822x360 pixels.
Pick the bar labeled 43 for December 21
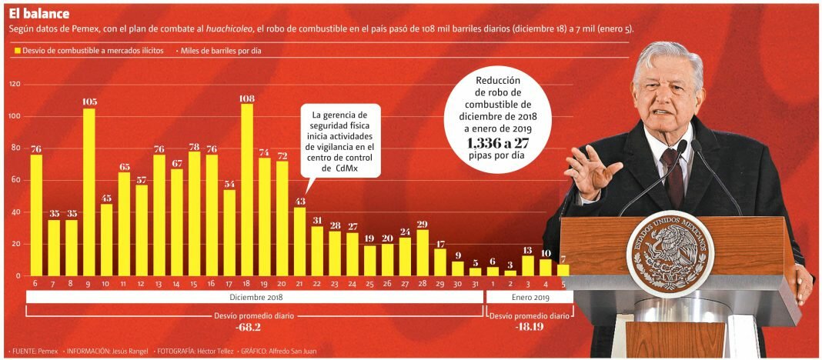[x=299, y=242]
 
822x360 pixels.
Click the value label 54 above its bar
[x=229, y=183]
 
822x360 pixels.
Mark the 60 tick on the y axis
[x=15, y=180]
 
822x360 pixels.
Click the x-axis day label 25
[x=369, y=284]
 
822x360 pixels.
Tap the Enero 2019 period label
[x=531, y=297]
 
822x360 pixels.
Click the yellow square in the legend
[x=17, y=51]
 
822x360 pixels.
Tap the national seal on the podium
[x=670, y=253]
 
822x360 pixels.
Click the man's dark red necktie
[x=674, y=176]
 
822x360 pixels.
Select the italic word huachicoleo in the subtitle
[x=229, y=29]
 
